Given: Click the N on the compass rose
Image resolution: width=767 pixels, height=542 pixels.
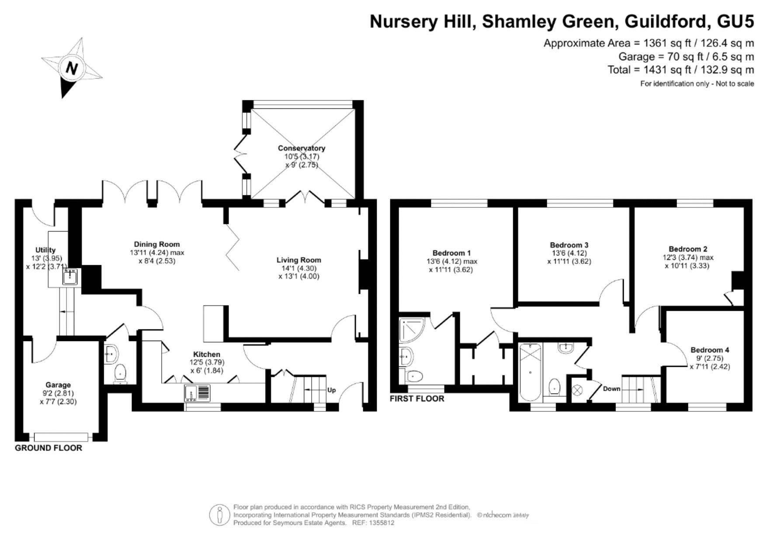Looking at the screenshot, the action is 72,69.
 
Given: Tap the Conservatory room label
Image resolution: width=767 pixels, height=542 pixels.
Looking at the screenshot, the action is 302,148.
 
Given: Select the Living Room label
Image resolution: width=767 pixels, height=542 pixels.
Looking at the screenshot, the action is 298,260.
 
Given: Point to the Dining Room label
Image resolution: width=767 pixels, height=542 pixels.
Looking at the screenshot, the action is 157,244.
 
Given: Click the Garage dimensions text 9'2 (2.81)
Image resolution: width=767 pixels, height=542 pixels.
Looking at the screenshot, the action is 58,393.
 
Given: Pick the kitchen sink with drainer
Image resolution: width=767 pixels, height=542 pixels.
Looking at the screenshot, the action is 197,393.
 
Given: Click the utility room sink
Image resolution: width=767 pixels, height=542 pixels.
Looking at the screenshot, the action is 70,277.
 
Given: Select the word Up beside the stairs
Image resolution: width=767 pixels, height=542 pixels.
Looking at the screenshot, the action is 332,390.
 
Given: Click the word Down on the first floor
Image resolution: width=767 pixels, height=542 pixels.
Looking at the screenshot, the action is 611,389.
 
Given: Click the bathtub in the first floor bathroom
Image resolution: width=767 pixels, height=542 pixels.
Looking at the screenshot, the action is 530,372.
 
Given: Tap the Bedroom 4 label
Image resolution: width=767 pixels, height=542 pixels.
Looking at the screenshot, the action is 710,350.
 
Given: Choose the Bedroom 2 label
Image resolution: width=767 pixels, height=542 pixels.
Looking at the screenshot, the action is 688,249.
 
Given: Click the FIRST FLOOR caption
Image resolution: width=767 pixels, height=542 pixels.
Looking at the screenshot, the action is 417,399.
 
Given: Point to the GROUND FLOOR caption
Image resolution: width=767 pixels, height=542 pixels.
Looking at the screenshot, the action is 49,448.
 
